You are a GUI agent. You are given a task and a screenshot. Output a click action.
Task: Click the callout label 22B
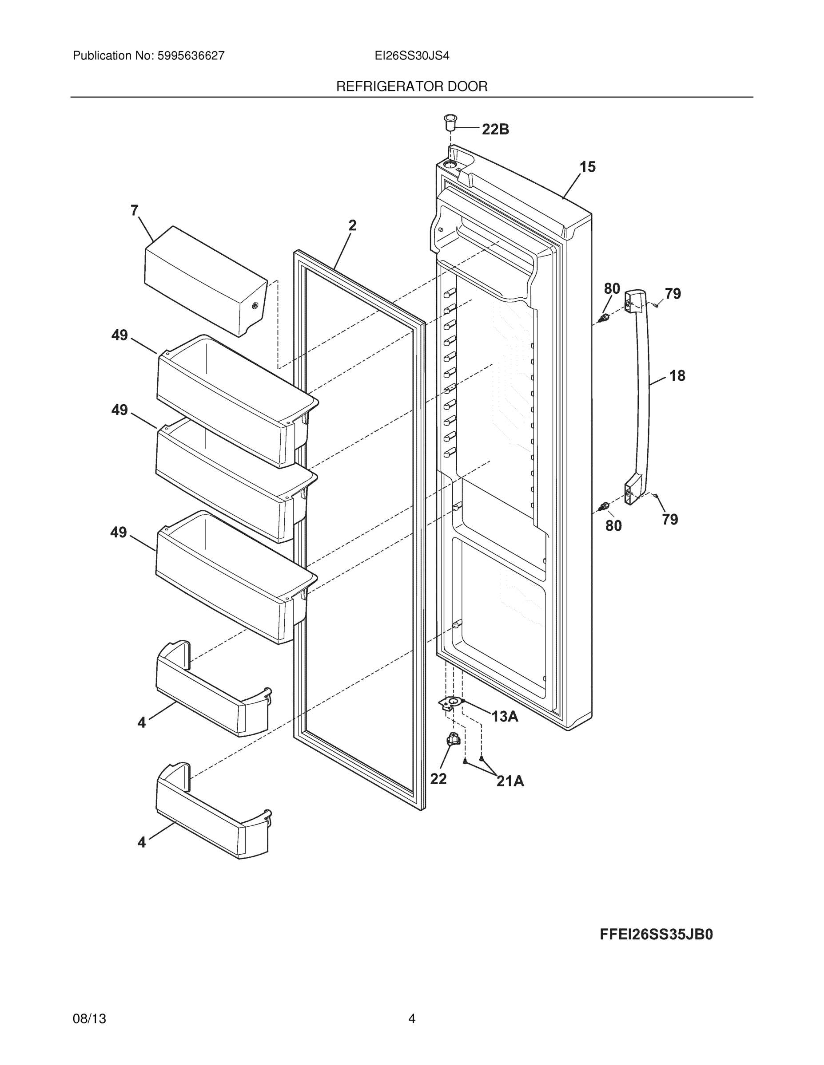(495, 129)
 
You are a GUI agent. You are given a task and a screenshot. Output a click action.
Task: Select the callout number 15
(587, 167)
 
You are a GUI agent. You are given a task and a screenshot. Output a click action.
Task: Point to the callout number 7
(134, 210)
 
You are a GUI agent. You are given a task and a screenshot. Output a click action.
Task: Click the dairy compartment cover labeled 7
(205, 280)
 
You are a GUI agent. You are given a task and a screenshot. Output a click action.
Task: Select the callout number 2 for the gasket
(352, 225)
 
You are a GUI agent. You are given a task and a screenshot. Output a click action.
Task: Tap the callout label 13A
(504, 716)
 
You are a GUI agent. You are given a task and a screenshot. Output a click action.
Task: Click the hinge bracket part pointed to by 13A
(451, 703)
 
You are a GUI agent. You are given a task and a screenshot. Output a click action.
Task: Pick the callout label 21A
(510, 781)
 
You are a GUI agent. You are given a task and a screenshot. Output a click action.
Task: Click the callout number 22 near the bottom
(438, 779)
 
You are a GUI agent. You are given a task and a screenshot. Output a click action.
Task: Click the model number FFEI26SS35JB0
(656, 934)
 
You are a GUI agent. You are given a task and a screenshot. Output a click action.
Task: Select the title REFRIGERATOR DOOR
(411, 87)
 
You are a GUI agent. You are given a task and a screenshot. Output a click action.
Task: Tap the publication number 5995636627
(191, 56)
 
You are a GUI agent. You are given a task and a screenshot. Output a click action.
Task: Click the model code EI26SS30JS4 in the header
(411, 56)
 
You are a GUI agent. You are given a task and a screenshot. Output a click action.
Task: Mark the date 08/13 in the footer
(89, 1019)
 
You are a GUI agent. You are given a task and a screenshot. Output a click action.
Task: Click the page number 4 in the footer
(411, 1019)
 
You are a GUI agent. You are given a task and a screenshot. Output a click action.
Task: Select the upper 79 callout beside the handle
(672, 294)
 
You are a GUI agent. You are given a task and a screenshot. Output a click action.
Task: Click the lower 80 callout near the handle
(613, 526)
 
